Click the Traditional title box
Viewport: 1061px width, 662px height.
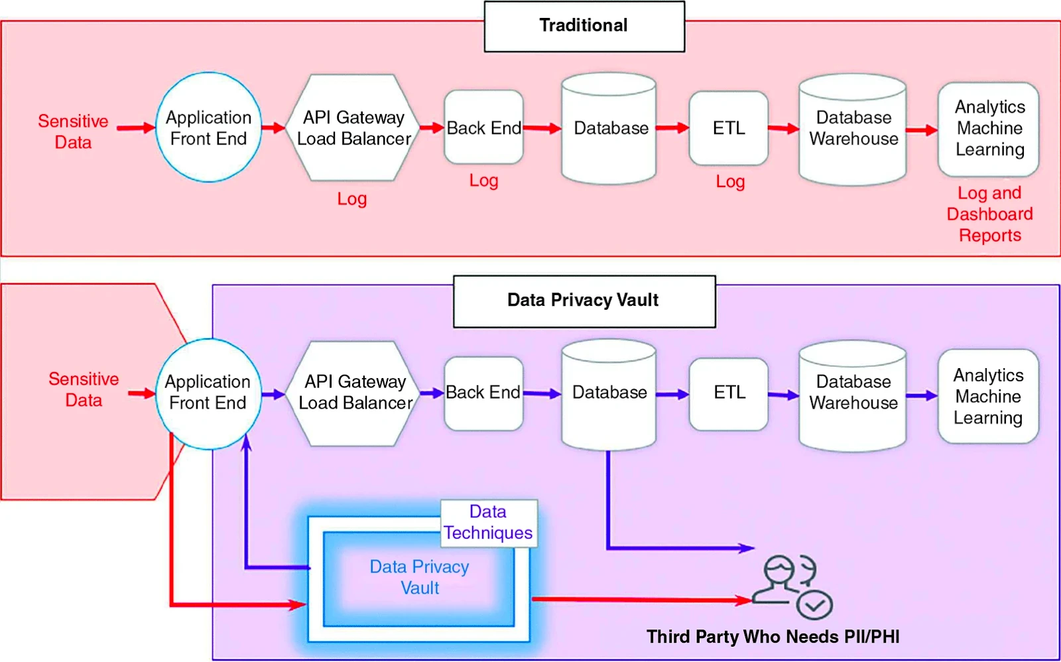point(584,27)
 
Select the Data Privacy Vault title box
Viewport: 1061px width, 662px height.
point(584,301)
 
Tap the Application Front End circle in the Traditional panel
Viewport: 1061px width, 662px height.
point(208,127)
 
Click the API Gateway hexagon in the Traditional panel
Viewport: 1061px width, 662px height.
point(353,127)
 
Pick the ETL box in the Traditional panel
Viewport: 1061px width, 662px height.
point(728,128)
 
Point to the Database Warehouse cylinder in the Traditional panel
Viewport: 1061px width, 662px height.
point(853,129)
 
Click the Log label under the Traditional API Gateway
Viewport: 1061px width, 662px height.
point(351,199)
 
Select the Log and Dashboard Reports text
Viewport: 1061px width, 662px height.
point(989,214)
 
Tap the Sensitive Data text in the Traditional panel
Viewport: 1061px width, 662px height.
point(73,131)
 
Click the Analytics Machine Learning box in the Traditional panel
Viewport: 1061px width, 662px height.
point(989,129)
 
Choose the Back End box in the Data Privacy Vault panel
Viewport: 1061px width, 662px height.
point(483,393)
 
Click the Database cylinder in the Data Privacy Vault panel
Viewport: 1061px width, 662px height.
point(609,393)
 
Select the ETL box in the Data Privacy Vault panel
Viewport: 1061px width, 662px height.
point(729,393)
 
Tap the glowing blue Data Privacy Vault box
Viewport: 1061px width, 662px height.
point(419,578)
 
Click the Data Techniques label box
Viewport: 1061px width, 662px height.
point(489,523)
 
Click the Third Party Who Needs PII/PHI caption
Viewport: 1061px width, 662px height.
point(773,637)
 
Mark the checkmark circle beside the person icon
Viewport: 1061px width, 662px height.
point(814,605)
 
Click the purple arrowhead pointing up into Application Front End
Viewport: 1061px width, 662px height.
point(247,442)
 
